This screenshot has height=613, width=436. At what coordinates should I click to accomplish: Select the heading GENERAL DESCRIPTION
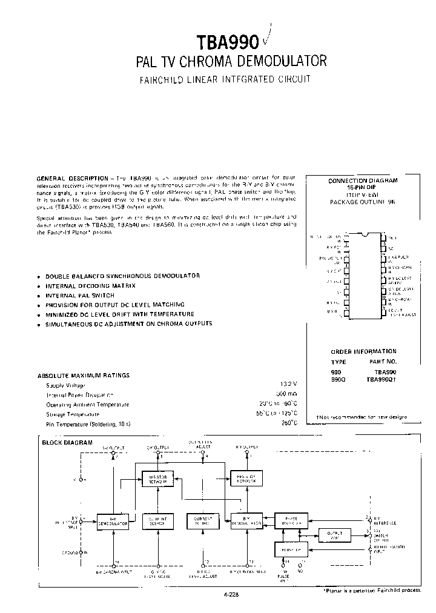(x=71, y=177)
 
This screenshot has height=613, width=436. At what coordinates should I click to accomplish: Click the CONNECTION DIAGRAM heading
(x=363, y=181)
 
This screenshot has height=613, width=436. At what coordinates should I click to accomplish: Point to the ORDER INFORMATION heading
(x=363, y=351)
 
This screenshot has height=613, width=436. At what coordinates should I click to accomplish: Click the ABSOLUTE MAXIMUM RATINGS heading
(x=84, y=376)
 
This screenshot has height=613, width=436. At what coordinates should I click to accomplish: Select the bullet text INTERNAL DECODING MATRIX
(x=91, y=285)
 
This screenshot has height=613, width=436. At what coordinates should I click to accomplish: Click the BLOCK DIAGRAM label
(x=67, y=443)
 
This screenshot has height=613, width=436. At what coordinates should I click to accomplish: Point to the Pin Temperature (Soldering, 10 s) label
(x=88, y=423)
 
